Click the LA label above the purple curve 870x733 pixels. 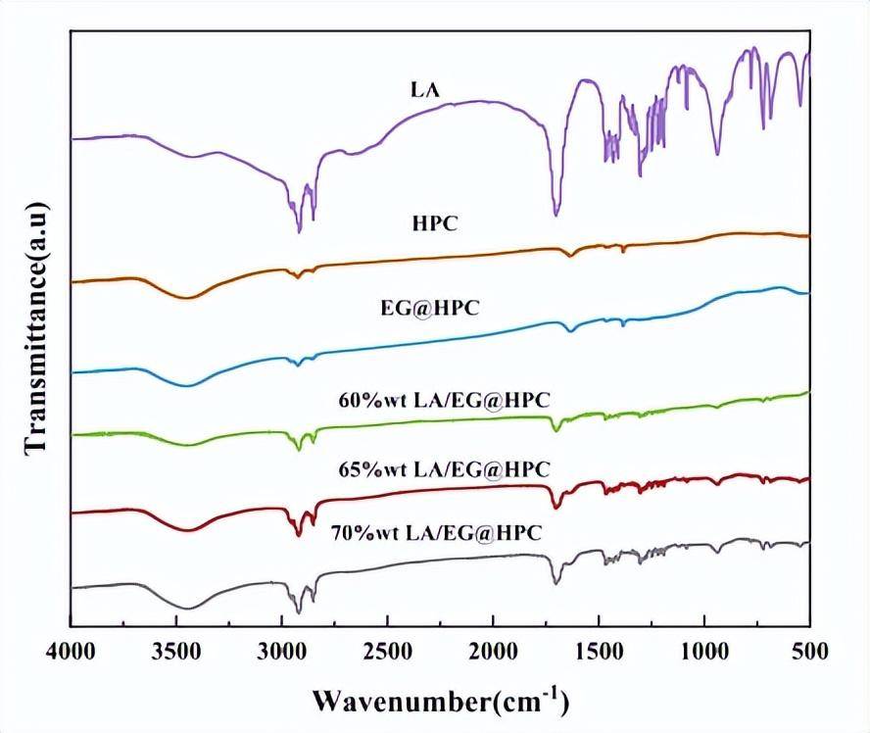[425, 90]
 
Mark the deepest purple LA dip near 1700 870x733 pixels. [556, 214]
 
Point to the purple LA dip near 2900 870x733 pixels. [299, 231]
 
